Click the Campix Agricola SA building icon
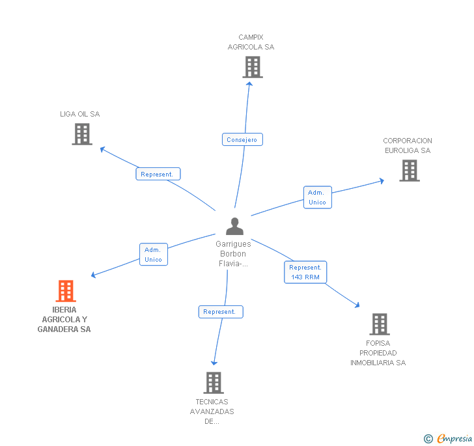[x=252, y=67]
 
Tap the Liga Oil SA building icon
[x=81, y=134]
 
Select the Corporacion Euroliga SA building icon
[x=409, y=171]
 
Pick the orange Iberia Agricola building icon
[x=66, y=291]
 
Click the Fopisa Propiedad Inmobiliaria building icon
[x=379, y=324]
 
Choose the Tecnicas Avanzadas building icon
[x=213, y=383]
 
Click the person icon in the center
[x=234, y=227]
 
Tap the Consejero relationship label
[x=242, y=139]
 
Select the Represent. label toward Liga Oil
[x=158, y=174]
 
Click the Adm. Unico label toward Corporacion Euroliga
[x=317, y=197]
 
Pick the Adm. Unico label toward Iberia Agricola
[x=154, y=255]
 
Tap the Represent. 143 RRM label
[x=305, y=272]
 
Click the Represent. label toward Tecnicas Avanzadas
[x=220, y=312]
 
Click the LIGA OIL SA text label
[x=80, y=114]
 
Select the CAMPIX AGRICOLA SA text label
[x=251, y=42]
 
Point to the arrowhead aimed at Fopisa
[x=356, y=304]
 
